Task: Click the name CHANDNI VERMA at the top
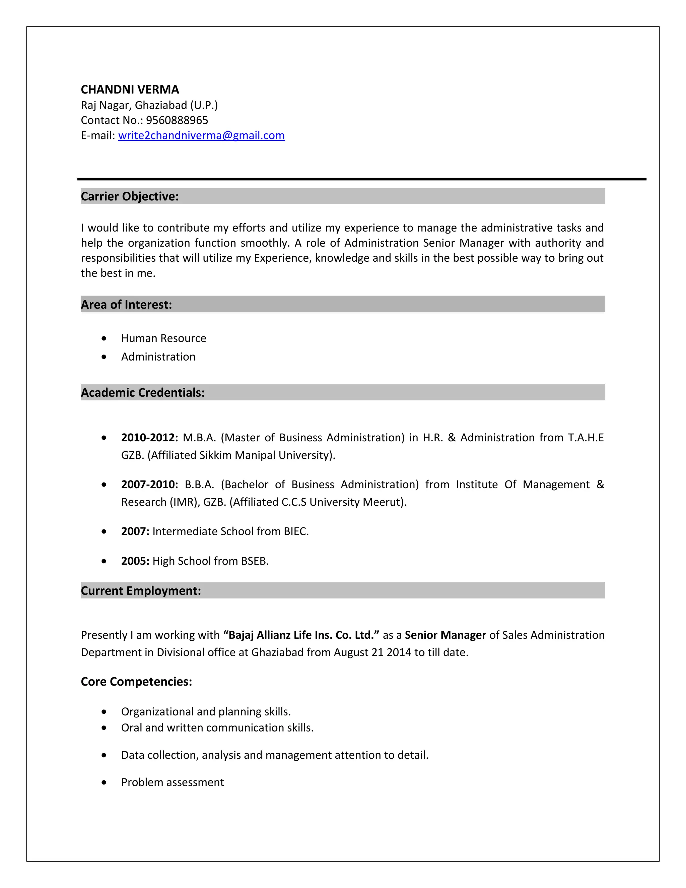click(x=130, y=89)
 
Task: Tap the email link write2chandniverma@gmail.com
click(x=201, y=135)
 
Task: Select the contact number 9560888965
click(x=177, y=120)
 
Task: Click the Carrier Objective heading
click(x=130, y=196)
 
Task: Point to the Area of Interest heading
click(x=126, y=305)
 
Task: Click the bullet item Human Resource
click(x=163, y=338)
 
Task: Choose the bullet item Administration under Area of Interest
click(x=158, y=357)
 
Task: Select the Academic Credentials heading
click(x=143, y=392)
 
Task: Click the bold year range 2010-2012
click(x=149, y=438)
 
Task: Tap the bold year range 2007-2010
click(x=149, y=484)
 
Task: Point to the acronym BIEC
click(x=296, y=531)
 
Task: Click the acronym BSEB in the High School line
click(x=255, y=561)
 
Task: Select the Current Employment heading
click(x=141, y=591)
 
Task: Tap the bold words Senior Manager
click(x=445, y=635)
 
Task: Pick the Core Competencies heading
click(x=136, y=682)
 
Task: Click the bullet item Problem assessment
click(x=172, y=782)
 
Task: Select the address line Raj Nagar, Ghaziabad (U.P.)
click(x=149, y=105)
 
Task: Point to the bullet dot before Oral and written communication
click(x=104, y=728)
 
